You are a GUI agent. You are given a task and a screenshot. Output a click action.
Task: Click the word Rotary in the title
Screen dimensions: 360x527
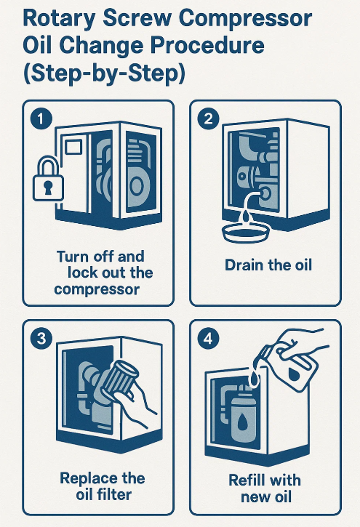point(59,19)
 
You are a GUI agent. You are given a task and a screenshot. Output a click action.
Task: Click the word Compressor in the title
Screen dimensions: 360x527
point(245,19)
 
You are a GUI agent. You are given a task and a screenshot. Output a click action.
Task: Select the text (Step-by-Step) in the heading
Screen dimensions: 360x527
point(104,73)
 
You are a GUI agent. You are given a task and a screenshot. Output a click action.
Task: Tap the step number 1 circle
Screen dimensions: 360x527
point(41,119)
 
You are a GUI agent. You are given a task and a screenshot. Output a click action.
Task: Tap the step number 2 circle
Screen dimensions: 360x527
point(209,119)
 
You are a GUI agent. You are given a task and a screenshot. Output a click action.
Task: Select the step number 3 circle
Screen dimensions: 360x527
point(41,339)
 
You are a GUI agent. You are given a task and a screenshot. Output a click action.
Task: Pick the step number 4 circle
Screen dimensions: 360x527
point(209,339)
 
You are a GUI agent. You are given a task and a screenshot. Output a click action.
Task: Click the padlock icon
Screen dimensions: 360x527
point(48,179)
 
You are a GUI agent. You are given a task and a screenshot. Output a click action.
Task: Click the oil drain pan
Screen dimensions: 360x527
point(246,232)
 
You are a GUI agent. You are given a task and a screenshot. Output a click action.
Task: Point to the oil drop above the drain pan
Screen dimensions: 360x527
point(247,216)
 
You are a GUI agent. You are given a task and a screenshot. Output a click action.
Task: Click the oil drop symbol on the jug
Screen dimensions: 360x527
point(295,374)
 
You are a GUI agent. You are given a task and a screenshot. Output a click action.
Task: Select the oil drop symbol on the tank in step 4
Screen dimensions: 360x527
point(242,421)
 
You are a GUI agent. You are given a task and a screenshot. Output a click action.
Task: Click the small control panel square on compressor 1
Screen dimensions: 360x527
point(73,147)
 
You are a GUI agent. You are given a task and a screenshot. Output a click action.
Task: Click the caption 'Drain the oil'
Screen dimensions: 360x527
point(268,265)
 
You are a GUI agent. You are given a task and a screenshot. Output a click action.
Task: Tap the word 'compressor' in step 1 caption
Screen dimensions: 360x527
point(97,289)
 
